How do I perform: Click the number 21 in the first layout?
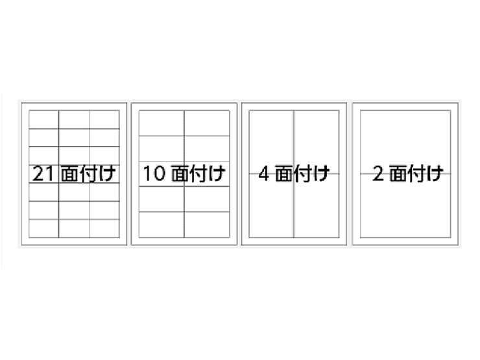[x=43, y=174]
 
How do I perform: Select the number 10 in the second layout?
[x=154, y=174]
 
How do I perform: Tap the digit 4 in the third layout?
[x=264, y=174]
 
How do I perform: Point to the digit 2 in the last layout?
[x=378, y=174]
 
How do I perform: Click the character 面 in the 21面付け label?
[x=70, y=174]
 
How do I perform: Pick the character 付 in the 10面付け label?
[x=198, y=174]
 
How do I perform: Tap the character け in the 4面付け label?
[x=320, y=174]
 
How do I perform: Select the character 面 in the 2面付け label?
[x=398, y=174]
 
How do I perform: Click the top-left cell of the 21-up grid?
[x=43, y=120]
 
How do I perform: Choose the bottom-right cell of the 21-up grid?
[x=104, y=228]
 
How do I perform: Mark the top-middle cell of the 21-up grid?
[x=74, y=120]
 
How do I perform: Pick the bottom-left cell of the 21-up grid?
[x=43, y=228]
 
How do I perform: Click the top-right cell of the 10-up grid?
[x=207, y=123]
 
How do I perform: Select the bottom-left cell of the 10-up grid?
[x=162, y=224]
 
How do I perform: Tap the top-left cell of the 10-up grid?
[x=162, y=123]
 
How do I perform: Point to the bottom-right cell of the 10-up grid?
[x=207, y=224]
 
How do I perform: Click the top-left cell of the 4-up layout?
[x=272, y=142]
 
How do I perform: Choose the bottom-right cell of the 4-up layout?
[x=317, y=206]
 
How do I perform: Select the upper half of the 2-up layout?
[x=405, y=142]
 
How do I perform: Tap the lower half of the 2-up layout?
[x=405, y=206]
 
